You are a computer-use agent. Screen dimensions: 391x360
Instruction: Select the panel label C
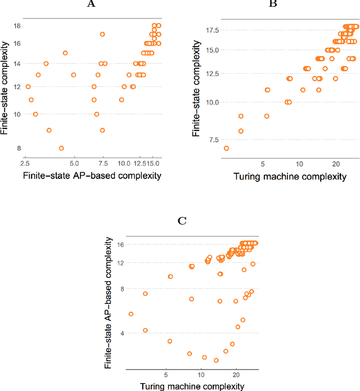coord(182,220)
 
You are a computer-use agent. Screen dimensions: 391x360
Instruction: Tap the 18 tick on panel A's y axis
coord(17,26)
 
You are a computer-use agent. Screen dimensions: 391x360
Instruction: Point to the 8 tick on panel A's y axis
coord(19,149)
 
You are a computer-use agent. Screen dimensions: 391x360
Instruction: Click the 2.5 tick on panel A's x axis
coord(25,163)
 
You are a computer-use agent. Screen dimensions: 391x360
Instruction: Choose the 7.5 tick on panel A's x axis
coord(103,163)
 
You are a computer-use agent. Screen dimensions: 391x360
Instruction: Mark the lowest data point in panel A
coord(61,149)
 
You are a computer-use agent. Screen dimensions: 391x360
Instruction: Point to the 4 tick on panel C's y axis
coord(121,334)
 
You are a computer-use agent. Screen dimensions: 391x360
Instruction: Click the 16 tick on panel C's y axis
coord(119,245)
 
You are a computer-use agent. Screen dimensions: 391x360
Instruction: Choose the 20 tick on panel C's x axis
coord(236,373)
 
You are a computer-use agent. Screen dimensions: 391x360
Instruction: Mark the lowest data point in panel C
coord(216,361)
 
